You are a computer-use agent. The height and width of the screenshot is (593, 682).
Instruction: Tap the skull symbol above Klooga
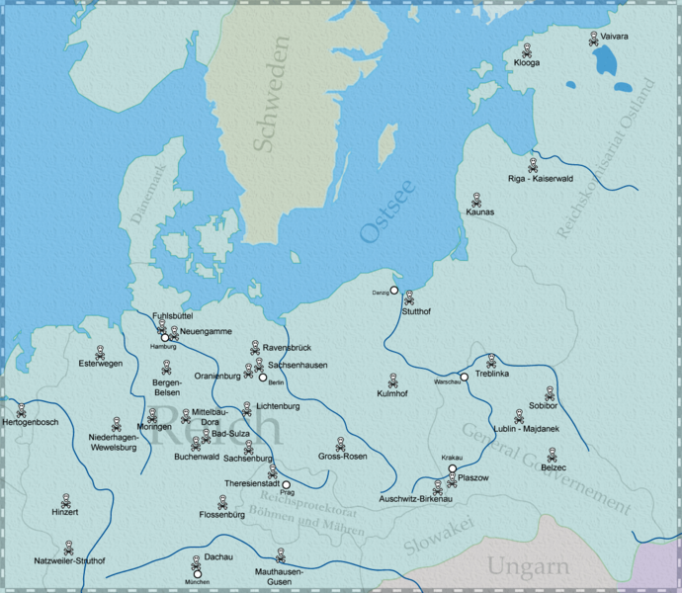pyautogui.click(x=527, y=49)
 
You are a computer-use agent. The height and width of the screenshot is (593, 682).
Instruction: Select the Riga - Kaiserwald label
pyautogui.click(x=540, y=181)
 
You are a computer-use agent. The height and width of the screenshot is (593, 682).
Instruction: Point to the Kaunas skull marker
pyautogui.click(x=476, y=199)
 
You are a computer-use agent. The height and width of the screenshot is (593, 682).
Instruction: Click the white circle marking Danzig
pyautogui.click(x=393, y=291)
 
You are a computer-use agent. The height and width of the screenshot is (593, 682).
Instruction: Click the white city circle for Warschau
pyautogui.click(x=464, y=377)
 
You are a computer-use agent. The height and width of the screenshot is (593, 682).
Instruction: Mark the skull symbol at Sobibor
pyautogui.click(x=550, y=392)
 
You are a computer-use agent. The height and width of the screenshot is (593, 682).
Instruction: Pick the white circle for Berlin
pyautogui.click(x=263, y=377)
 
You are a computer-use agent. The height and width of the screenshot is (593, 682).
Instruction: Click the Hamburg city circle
pyautogui.click(x=165, y=338)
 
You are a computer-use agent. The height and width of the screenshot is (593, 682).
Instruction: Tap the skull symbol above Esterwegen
pyautogui.click(x=100, y=351)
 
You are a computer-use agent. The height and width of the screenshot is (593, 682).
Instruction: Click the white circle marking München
pyautogui.click(x=198, y=573)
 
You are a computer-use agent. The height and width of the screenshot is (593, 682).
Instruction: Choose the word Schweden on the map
pyautogui.click(x=272, y=94)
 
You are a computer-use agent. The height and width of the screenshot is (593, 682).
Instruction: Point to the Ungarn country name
pyautogui.click(x=527, y=567)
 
